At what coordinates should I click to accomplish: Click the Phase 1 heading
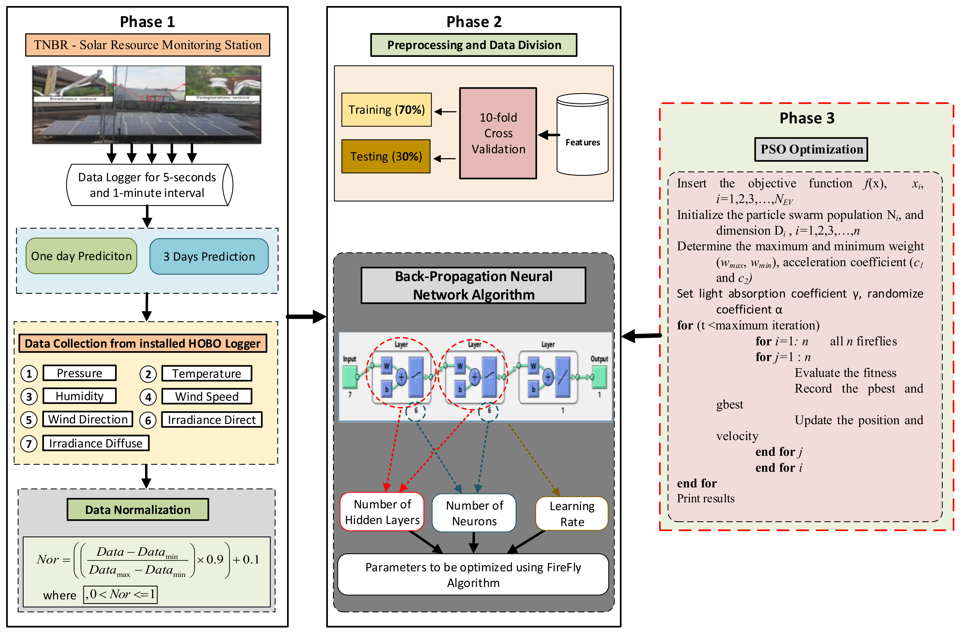click(x=147, y=22)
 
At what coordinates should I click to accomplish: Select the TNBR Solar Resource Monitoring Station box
click(x=148, y=45)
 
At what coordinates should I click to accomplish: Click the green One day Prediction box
click(x=81, y=256)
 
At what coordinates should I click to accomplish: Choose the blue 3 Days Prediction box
click(x=209, y=256)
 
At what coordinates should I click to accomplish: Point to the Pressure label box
click(x=80, y=373)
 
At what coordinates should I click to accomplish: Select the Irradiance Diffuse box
click(x=96, y=443)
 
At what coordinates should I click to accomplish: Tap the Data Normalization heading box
click(x=138, y=509)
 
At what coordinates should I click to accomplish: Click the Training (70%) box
click(x=386, y=110)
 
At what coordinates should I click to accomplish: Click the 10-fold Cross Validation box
click(x=498, y=133)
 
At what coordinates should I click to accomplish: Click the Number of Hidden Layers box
click(x=382, y=512)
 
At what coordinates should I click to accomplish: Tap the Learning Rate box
click(x=572, y=513)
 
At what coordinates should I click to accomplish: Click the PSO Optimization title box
click(x=811, y=149)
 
